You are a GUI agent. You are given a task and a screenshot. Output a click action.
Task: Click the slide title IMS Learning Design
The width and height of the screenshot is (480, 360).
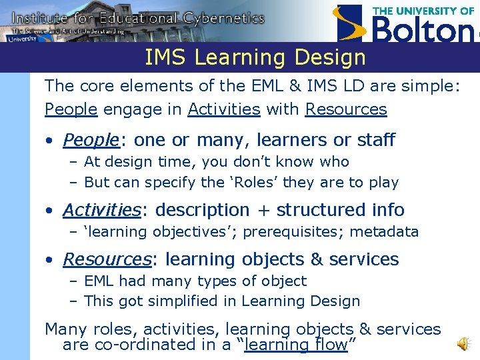click(255, 58)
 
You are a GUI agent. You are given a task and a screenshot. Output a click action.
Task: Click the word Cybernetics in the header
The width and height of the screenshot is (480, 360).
click(225, 18)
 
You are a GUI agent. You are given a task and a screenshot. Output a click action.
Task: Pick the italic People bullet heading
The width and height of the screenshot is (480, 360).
click(90, 140)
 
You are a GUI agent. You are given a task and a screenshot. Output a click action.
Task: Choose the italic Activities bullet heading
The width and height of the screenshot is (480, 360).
click(102, 210)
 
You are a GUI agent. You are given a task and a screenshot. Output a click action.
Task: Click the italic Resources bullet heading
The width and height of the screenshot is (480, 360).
click(107, 259)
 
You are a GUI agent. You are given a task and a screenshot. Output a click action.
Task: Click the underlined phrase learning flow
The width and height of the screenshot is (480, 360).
click(295, 345)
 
